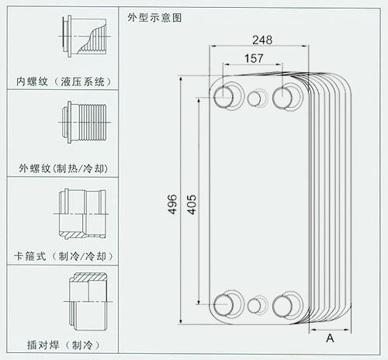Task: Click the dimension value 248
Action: [262, 40]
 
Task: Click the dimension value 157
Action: [254, 58]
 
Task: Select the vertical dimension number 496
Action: [172, 204]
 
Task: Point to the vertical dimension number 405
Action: [192, 205]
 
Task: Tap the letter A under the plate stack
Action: [330, 338]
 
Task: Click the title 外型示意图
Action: [154, 18]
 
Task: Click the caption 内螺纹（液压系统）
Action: [64, 81]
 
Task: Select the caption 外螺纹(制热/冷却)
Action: [63, 168]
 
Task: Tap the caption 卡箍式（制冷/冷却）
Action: [64, 256]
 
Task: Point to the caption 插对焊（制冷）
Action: [64, 344]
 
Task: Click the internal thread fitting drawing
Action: [85, 36]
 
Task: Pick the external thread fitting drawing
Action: [85, 122]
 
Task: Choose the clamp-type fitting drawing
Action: [81, 214]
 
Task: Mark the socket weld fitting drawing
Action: [88, 301]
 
